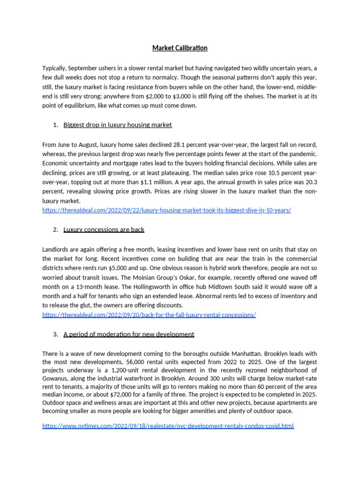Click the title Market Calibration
(x=180, y=48)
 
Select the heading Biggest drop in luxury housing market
(x=117, y=125)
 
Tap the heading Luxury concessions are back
(x=104, y=229)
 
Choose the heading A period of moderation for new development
(x=128, y=334)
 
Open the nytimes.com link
(x=168, y=426)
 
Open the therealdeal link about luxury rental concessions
(x=149, y=315)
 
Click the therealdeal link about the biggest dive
(x=166, y=210)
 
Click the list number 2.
(x=55, y=230)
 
